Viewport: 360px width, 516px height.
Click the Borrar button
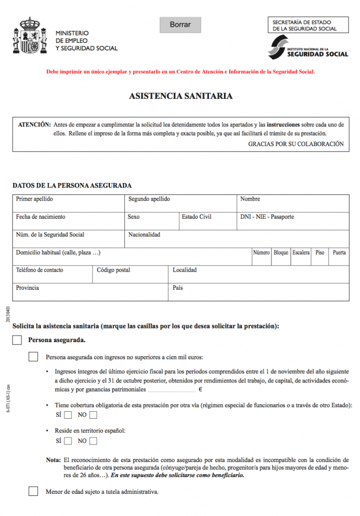coord(180,25)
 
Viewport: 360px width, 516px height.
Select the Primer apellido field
coord(68,206)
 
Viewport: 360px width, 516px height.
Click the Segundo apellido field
coord(180,206)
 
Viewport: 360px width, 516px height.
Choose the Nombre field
coord(293,206)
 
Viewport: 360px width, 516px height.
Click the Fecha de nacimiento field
coord(68,223)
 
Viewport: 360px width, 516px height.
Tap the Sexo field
coord(151,223)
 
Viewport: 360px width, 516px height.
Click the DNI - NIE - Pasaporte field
coord(293,223)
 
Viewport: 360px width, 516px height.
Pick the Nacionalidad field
coord(236,241)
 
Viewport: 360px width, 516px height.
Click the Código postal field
coord(130,276)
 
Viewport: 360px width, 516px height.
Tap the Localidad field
coord(258,276)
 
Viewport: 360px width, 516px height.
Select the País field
coord(258,294)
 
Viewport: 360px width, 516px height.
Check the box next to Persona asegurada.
coord(17,340)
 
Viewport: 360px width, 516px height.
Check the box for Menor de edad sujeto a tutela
coord(33,491)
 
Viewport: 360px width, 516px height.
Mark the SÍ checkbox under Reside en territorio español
coord(68,441)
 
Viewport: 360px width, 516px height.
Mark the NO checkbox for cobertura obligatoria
coord(93,415)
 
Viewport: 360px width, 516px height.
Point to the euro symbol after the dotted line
coord(200,390)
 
